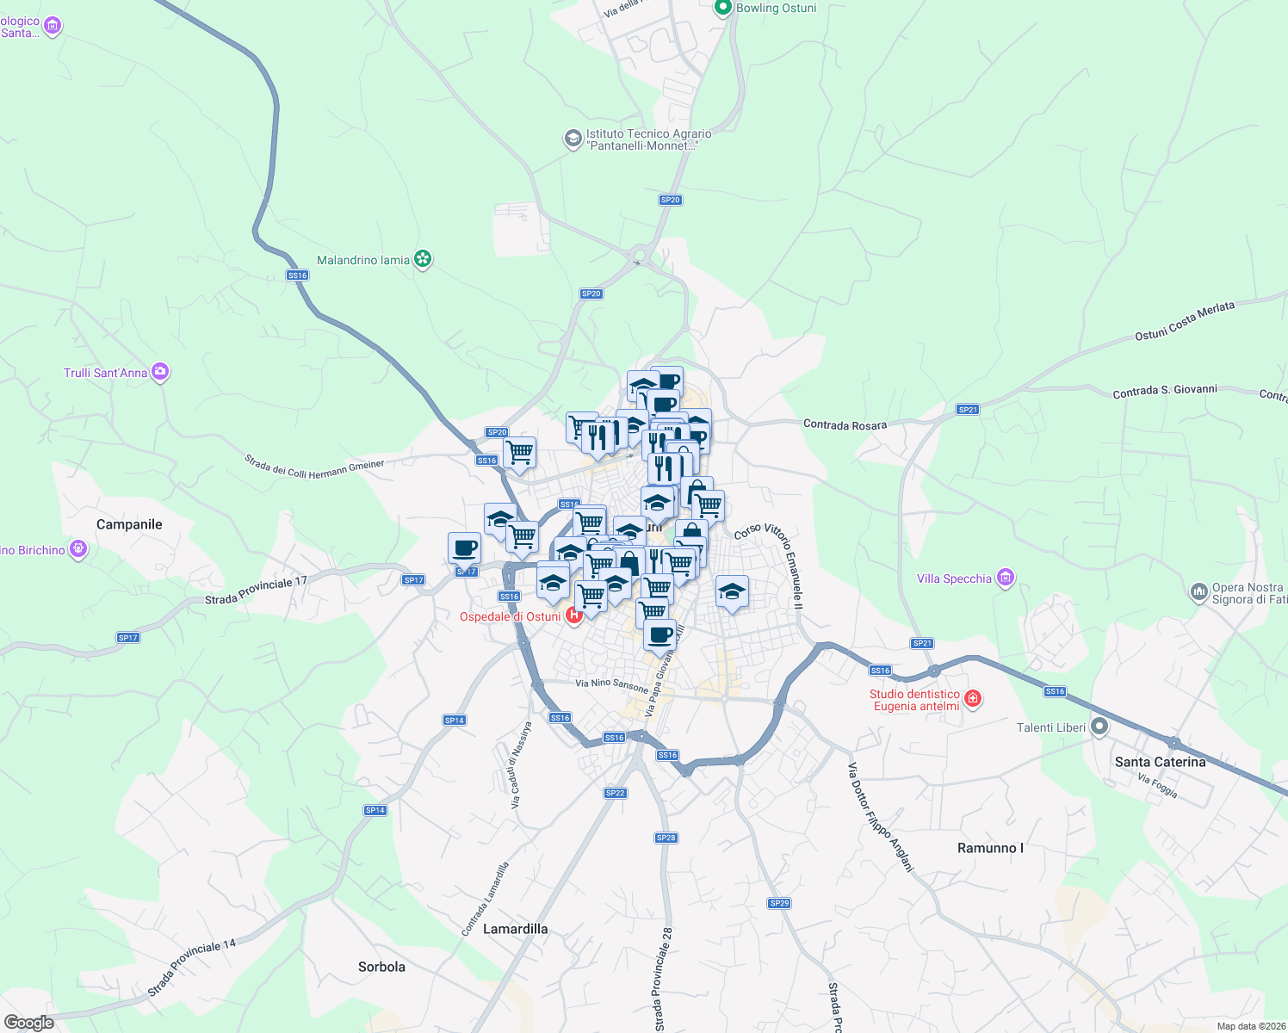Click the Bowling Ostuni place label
776,9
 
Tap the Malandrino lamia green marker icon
422,259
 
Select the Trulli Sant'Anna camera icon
160,372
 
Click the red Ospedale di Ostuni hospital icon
573,615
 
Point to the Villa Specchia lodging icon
1005,578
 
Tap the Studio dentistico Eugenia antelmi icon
973,699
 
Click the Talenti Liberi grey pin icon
1099,727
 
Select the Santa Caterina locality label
1160,762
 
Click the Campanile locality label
129,524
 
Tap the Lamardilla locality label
515,929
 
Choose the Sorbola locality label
381,967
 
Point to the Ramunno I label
990,848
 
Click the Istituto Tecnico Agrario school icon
573,139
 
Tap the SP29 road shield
779,903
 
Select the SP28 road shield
666,838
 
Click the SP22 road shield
615,793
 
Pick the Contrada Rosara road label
845,425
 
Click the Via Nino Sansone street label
611,684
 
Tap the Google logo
28,1023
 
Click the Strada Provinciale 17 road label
256,591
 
